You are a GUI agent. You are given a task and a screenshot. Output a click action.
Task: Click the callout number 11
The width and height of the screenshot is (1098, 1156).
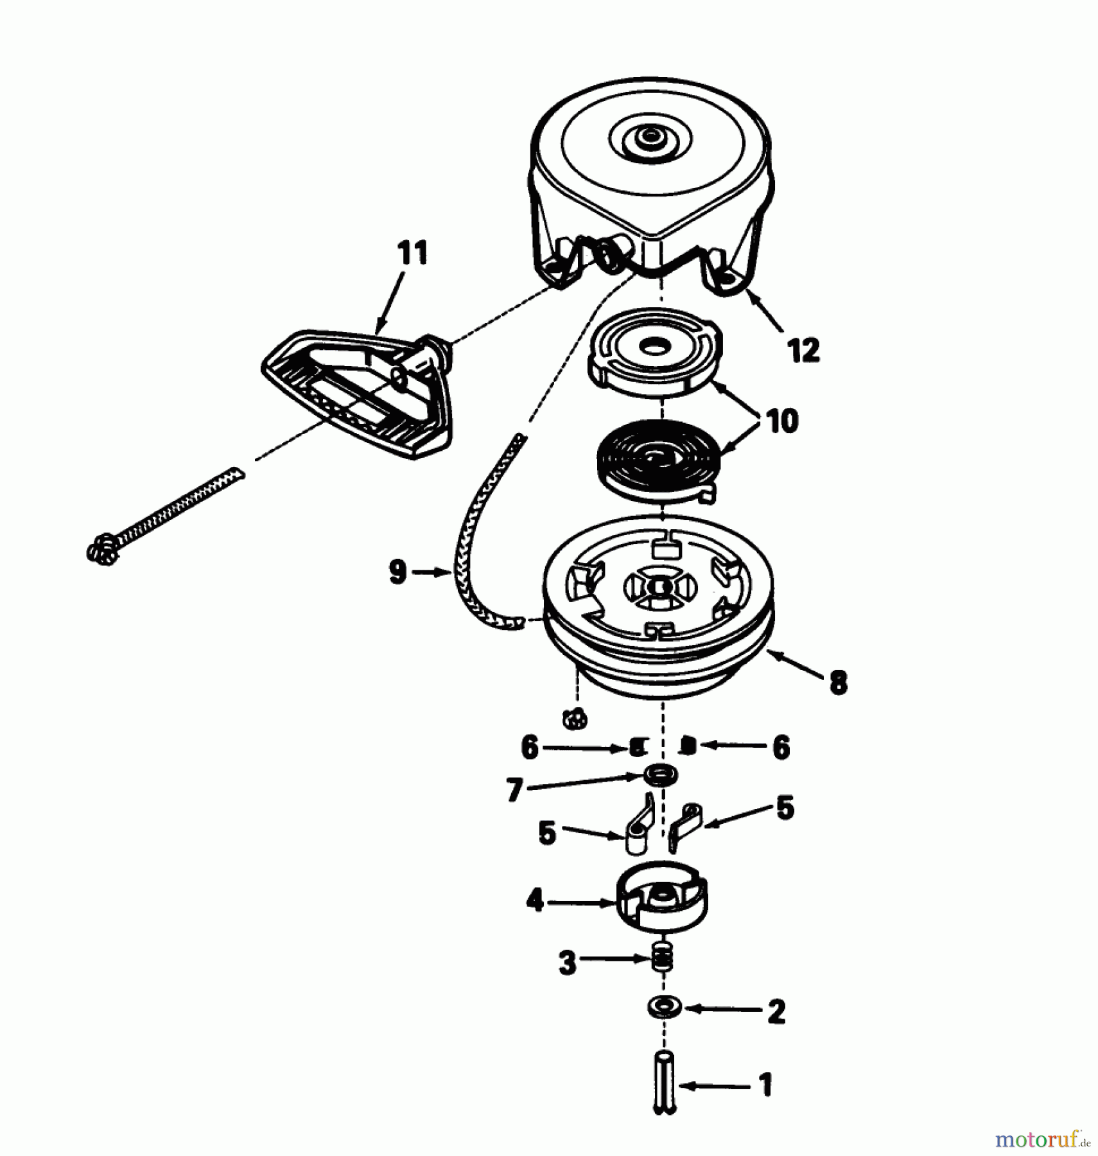click(x=412, y=253)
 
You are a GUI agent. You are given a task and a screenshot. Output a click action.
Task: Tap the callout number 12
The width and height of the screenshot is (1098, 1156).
click(x=803, y=351)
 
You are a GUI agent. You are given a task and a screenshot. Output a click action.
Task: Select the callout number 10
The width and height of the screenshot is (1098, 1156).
click(x=781, y=421)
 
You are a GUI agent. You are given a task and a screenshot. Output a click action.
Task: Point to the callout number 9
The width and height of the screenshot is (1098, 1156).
click(x=398, y=571)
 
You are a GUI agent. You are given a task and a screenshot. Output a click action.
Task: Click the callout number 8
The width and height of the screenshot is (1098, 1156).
click(x=838, y=683)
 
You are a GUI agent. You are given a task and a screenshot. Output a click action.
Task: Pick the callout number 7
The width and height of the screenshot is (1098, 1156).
click(x=514, y=791)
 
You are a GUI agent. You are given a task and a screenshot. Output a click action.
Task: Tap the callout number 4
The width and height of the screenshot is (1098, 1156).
click(x=534, y=901)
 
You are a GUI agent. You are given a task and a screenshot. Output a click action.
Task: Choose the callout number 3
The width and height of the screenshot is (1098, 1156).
click(x=567, y=963)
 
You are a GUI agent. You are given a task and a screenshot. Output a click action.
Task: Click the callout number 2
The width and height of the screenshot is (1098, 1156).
click(x=776, y=1012)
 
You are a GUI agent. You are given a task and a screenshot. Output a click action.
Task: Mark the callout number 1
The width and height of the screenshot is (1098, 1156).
click(x=765, y=1085)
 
